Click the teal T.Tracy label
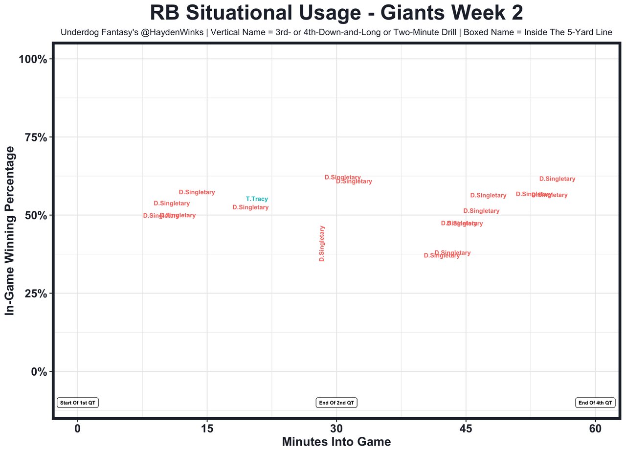(x=257, y=199)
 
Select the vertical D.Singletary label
(x=322, y=243)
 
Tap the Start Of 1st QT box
(x=78, y=403)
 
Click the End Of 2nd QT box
(x=336, y=403)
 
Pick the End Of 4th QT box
(x=595, y=403)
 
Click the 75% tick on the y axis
(x=35, y=137)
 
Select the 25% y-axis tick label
(x=35, y=294)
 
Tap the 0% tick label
(x=38, y=371)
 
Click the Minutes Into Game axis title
(x=336, y=442)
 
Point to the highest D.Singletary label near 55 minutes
(x=557, y=179)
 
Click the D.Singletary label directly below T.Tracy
(x=250, y=207)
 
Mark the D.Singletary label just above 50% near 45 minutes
(x=481, y=211)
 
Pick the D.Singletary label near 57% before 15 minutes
(x=197, y=192)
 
